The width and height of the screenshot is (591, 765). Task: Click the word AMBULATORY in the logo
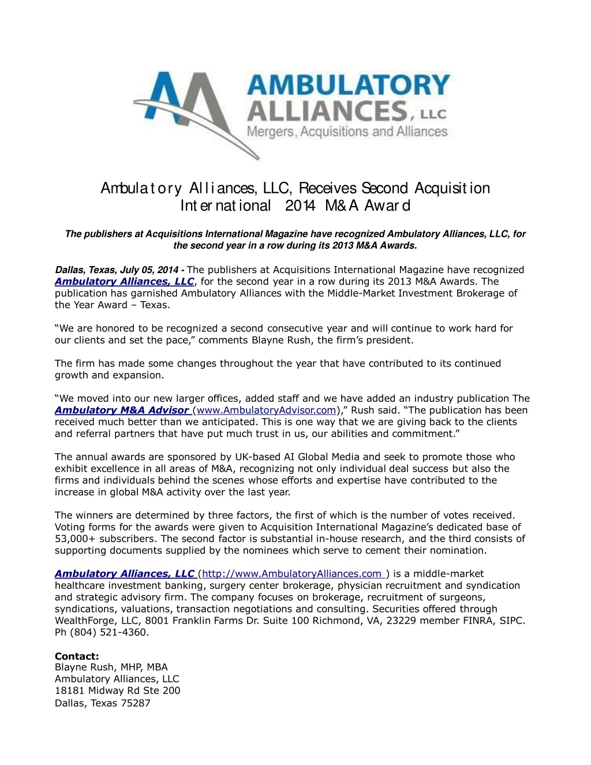tap(349, 85)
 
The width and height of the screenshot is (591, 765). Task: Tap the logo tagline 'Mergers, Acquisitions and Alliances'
tap(347, 132)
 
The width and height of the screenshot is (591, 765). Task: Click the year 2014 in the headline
tap(300, 206)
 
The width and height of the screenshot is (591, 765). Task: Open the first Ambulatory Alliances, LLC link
tap(124, 282)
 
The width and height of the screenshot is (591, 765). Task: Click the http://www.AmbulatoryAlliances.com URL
tap(292, 574)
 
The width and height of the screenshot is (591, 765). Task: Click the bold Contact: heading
tap(77, 656)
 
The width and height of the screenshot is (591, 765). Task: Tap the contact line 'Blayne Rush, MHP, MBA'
tap(111, 667)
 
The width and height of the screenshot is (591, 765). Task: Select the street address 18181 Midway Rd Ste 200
tap(117, 691)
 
